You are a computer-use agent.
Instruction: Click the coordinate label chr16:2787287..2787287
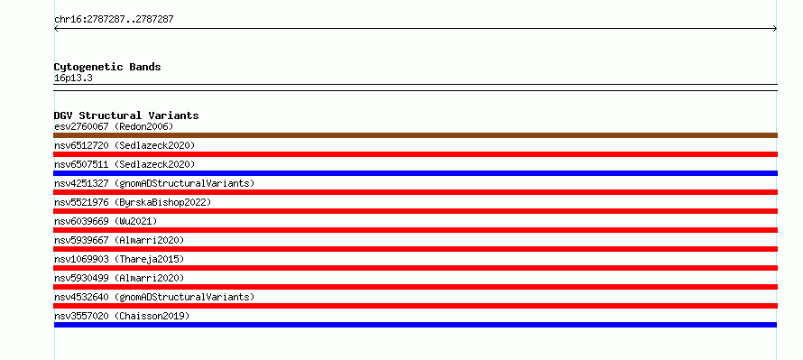coord(114,20)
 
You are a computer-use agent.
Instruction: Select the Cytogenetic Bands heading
coord(107,67)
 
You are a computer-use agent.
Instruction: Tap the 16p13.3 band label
coord(73,78)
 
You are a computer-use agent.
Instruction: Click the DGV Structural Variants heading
coord(126,115)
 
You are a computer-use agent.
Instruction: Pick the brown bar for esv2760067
coord(415,135)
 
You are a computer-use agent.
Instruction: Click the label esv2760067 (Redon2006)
coord(114,126)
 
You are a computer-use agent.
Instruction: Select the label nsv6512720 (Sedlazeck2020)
coord(125,145)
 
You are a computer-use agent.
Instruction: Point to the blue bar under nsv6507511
coord(415,173)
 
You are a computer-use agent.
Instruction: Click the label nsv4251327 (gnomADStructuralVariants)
coord(154,183)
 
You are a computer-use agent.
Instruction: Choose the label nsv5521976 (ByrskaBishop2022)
coord(133,202)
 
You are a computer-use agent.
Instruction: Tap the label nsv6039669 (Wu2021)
coord(106,221)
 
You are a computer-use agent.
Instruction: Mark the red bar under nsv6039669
coord(415,230)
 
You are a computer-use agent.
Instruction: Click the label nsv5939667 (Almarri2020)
coord(119,240)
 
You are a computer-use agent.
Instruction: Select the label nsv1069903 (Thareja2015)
coord(119,259)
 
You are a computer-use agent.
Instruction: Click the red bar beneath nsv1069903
coord(415,268)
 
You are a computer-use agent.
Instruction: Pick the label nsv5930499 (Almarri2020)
coord(119,278)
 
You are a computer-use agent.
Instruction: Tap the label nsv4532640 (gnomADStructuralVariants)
coord(154,297)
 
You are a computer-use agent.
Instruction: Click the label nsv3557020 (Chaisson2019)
coord(122,316)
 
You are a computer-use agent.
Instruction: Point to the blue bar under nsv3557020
coord(415,325)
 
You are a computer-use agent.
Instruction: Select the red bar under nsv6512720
coord(415,154)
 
